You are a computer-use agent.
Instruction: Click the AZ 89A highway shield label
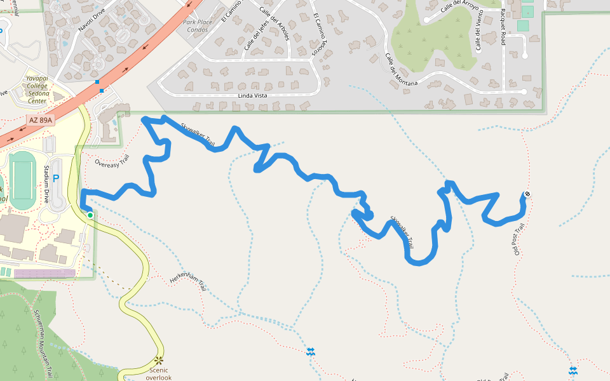[x=40, y=119]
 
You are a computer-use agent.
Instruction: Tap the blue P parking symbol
[x=55, y=179]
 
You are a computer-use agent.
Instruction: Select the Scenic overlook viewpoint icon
[x=158, y=361]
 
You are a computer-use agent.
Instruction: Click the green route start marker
[x=90, y=215]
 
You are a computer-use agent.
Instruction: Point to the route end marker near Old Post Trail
[x=527, y=195]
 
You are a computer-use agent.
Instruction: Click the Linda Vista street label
[x=251, y=96]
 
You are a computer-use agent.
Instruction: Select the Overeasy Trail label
[x=112, y=161]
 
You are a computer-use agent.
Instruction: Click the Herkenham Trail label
[x=188, y=283]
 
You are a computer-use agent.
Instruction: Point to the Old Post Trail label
[x=518, y=239]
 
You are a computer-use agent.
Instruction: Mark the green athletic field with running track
[x=23, y=180]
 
